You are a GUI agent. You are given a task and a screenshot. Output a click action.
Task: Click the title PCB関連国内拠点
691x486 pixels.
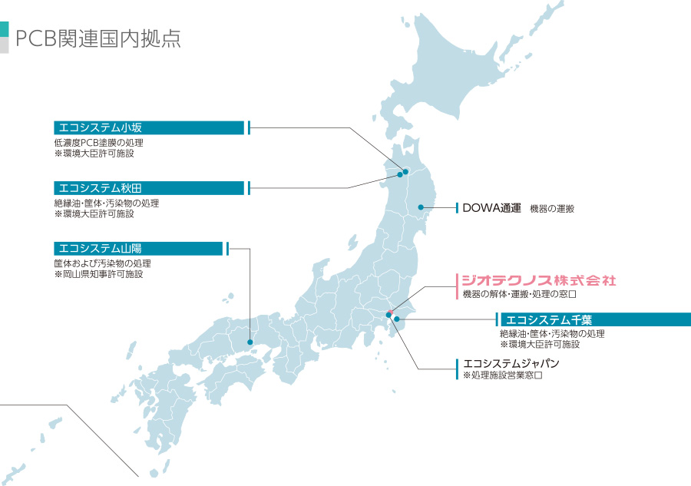[98, 39]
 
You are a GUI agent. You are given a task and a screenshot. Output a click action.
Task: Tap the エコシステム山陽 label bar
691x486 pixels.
[139, 248]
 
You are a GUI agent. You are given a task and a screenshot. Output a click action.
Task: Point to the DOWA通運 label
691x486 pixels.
[491, 208]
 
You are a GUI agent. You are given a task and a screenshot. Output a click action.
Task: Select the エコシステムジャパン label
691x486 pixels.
[511, 363]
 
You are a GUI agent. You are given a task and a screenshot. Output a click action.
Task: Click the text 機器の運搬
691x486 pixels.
[552, 209]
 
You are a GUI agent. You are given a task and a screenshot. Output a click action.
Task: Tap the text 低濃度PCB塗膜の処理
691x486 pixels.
[98, 142]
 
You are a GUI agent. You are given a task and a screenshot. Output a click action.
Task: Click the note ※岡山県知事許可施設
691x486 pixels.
[98, 274]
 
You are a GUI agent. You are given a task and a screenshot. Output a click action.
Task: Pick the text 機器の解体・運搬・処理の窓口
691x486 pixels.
[519, 295]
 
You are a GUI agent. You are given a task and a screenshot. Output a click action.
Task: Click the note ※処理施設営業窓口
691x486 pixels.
[503, 376]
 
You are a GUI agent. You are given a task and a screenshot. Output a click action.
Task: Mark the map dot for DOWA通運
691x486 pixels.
[421, 207]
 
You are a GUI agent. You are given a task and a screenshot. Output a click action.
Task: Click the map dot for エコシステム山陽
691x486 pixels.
[250, 342]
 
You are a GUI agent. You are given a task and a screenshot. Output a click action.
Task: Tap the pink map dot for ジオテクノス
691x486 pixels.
[390, 312]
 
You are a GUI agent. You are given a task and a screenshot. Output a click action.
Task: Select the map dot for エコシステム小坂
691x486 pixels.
[405, 171]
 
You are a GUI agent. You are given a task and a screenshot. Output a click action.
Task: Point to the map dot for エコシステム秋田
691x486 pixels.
[399, 175]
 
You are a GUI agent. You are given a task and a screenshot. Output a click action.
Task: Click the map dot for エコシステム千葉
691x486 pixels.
[397, 319]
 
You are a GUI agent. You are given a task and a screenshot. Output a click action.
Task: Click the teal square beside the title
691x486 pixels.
[5, 29]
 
